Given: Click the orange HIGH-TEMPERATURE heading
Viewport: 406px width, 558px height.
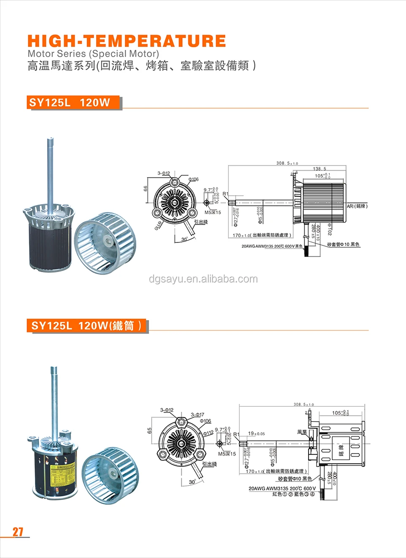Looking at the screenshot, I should click(126, 41).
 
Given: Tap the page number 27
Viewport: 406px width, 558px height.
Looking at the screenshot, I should click(18, 532).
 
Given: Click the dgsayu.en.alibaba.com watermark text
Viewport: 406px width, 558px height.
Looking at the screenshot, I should click(203, 279).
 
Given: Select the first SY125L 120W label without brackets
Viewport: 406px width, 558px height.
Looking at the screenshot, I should click(70, 103).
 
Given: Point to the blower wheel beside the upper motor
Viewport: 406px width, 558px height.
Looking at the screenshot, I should click(105, 243).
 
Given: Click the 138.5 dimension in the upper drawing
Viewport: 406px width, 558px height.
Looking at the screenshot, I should click(319, 169).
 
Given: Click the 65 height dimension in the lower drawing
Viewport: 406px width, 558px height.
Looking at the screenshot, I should click(150, 430).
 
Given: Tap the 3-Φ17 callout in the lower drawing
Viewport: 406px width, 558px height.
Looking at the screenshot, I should click(197, 414).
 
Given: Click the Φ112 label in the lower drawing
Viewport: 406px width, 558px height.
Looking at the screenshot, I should click(208, 433).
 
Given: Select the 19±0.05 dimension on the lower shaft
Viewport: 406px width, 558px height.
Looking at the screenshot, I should click(256, 433).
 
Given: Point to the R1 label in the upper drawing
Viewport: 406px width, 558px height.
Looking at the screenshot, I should click(226, 194).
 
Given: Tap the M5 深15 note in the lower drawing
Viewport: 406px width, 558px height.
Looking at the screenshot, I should click(227, 454).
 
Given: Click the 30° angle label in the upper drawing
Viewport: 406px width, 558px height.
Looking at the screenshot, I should click(184, 239).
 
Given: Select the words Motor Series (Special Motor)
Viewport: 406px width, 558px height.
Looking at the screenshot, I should click(93, 54).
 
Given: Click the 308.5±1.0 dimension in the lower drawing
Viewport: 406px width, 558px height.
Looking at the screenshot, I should click(304, 404).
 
